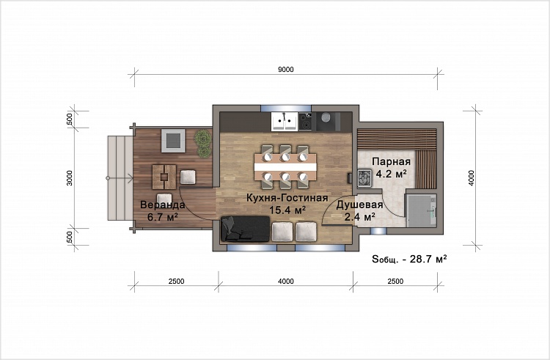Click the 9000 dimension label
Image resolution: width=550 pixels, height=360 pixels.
pos(286,70)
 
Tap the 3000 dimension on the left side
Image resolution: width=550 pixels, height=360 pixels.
pos(70,177)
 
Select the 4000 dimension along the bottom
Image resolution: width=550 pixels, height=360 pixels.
pos(286,281)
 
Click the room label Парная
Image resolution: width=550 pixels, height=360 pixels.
pos(391,161)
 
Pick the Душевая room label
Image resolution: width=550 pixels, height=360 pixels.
pos(359,205)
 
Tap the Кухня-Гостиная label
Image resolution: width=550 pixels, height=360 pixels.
pos(287,198)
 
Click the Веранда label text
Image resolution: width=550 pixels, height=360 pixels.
pos(162,205)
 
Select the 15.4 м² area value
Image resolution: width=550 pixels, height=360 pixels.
pos(287,210)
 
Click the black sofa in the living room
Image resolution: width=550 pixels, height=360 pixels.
pos(246,229)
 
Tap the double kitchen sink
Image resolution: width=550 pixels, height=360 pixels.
pos(285,121)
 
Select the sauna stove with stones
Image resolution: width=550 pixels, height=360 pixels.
pos(364,177)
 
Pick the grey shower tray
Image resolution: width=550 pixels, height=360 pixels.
pos(421,211)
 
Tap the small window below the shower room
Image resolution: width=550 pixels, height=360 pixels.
pos(378,231)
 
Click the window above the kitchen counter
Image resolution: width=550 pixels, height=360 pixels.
pos(285,108)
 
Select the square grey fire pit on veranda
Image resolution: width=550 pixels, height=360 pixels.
pos(173,141)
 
